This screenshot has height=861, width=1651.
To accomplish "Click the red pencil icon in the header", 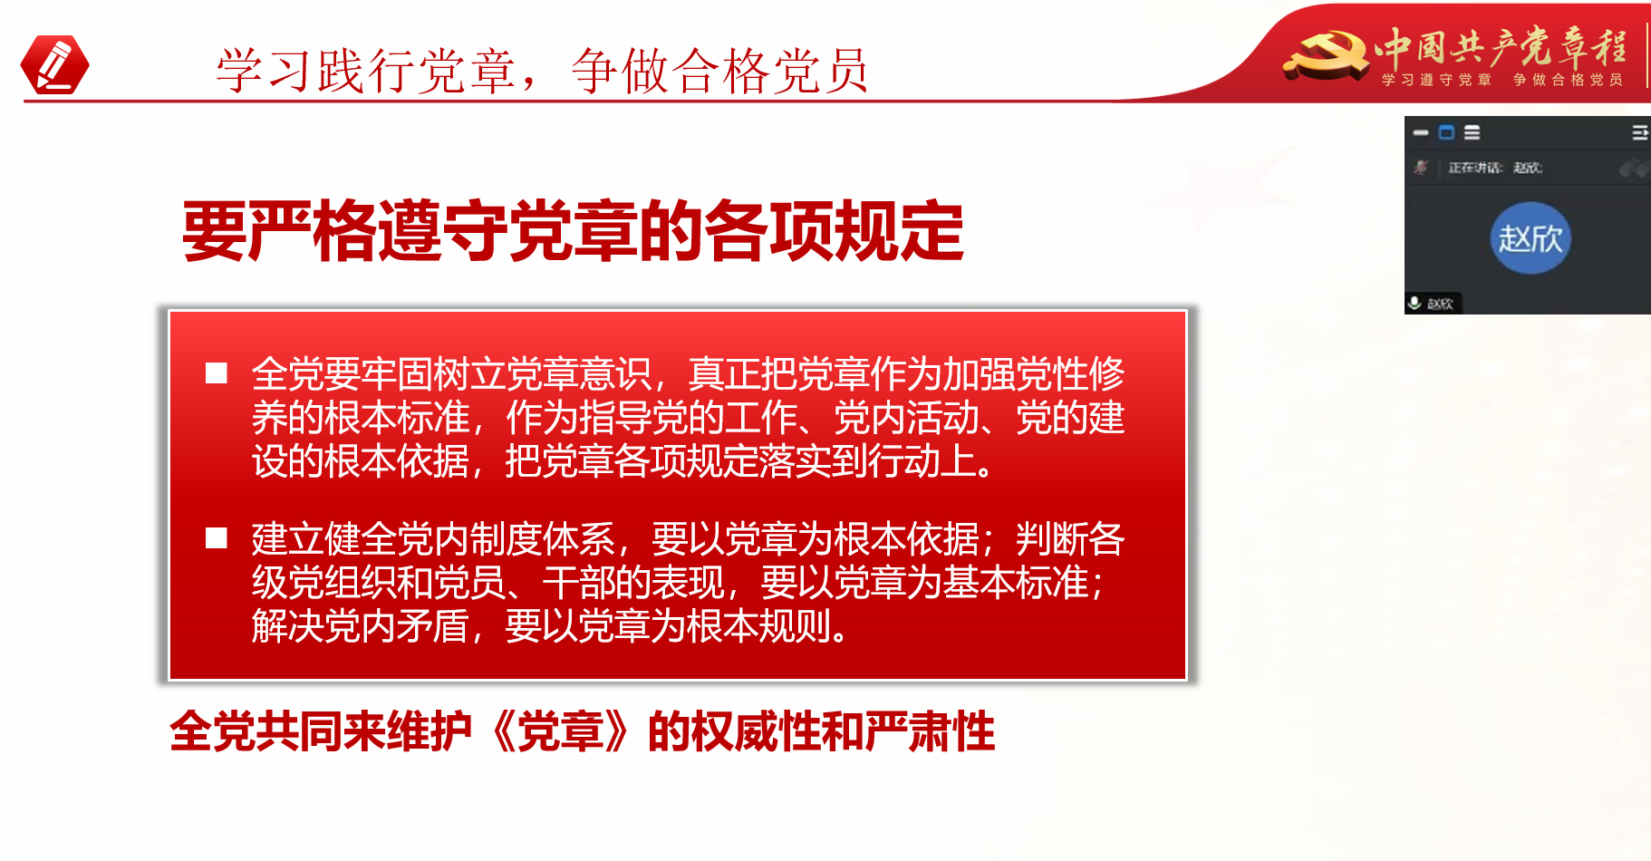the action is [x=54, y=64].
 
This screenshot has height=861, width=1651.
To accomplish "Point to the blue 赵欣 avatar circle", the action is [x=1530, y=238].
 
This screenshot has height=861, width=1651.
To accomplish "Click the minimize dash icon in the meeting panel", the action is [x=1421, y=133].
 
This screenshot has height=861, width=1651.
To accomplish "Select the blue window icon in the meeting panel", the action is [x=1446, y=133].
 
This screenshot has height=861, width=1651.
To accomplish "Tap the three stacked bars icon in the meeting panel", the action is [x=1472, y=133].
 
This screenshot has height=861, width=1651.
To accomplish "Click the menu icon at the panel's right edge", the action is [x=1640, y=133].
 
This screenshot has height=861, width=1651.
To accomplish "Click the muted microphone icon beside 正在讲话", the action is [x=1421, y=167].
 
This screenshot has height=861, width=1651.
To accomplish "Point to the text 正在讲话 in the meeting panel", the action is [x=1475, y=168].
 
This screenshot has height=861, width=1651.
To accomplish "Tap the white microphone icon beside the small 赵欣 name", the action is [x=1414, y=303].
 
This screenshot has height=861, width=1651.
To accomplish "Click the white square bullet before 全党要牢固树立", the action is [x=217, y=373].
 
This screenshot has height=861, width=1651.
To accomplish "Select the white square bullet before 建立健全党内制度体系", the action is [x=217, y=538].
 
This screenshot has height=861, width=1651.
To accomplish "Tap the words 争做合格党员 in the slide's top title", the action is [x=720, y=71].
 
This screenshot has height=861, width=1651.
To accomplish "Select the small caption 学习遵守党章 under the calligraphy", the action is [x=1436, y=80].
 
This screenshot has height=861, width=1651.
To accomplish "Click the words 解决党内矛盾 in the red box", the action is [x=360, y=626].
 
